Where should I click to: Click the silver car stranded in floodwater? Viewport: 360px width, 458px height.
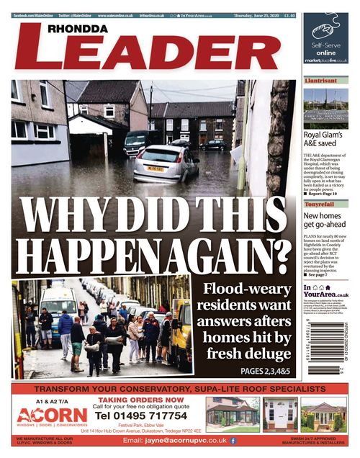click(166, 163)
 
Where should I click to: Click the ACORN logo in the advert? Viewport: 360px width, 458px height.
click(52, 416)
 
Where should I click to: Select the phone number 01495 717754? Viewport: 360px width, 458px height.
click(141, 416)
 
